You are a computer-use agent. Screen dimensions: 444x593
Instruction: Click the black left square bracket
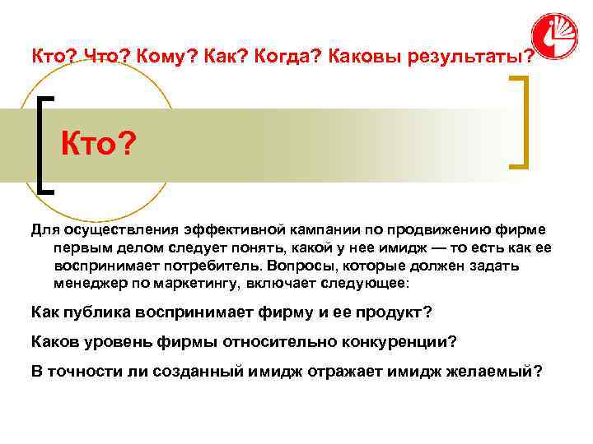click(x=44, y=144)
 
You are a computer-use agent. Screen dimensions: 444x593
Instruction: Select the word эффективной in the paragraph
click(x=227, y=229)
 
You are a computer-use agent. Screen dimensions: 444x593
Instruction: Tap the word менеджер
click(x=87, y=284)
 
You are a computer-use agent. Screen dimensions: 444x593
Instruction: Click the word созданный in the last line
click(x=198, y=370)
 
